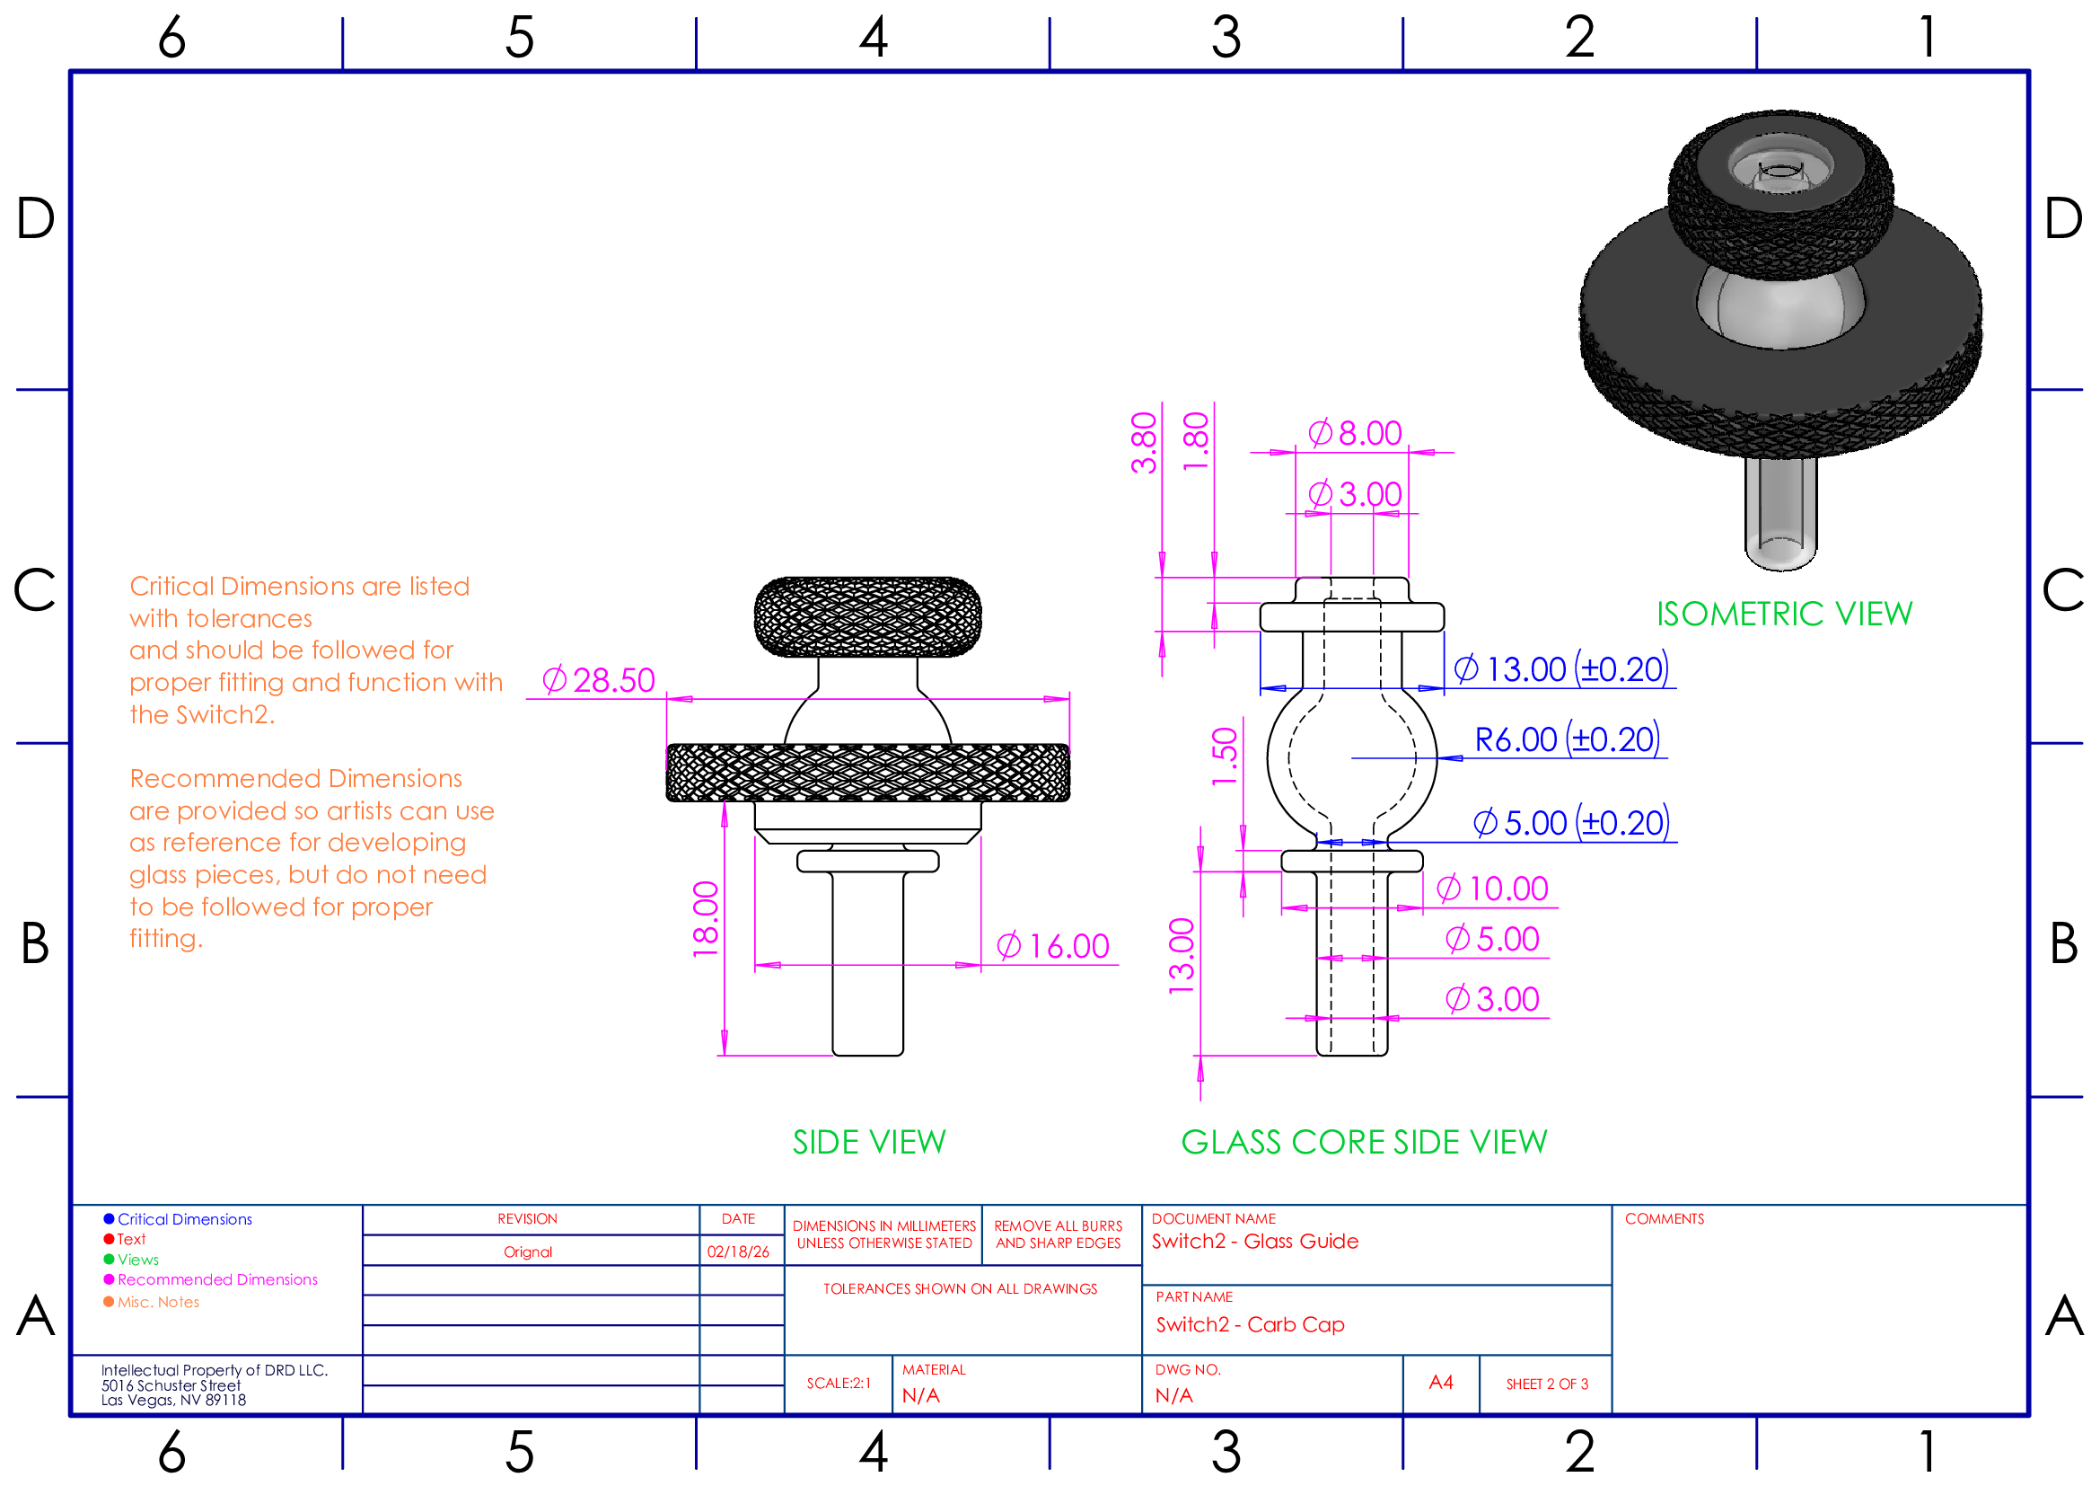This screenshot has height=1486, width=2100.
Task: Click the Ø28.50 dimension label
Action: point(599,681)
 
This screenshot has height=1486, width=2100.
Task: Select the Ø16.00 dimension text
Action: point(1053,947)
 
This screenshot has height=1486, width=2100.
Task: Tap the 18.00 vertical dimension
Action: point(706,919)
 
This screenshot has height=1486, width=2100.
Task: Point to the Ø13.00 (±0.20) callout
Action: point(1561,670)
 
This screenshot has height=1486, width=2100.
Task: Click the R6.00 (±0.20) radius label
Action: point(1568,740)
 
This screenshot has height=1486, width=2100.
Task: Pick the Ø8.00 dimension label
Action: point(1356,434)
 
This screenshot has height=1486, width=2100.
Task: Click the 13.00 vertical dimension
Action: point(1182,956)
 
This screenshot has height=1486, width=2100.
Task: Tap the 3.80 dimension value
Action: point(1144,444)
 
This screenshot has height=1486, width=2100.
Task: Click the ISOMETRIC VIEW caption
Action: point(1785,615)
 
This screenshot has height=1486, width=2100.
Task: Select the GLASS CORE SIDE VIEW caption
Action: point(1365,1143)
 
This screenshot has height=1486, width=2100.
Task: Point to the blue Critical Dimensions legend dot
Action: point(109,1220)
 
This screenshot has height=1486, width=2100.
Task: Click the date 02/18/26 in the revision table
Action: point(738,1252)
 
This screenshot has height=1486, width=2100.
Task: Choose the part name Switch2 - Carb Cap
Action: point(1251,1325)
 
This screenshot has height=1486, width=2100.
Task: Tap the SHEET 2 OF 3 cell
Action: point(1548,1384)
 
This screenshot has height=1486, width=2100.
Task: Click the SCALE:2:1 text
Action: point(839,1384)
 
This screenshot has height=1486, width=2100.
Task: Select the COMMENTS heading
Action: point(1665,1220)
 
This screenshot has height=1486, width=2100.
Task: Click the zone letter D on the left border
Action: point(36,219)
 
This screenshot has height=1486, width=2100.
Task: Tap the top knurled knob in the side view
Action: point(868,616)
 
